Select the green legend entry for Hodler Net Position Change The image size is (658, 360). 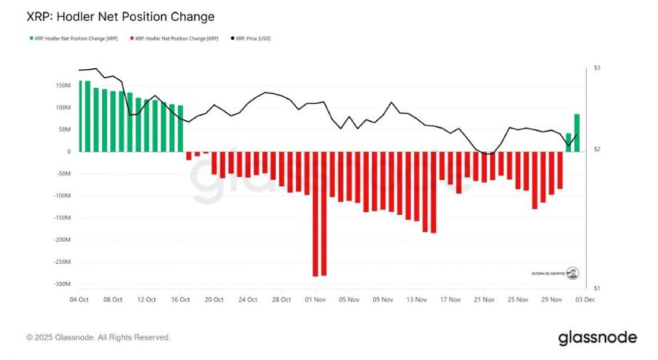click(x=74, y=37)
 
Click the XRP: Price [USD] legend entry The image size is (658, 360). click(x=250, y=37)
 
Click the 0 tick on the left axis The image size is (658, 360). click(x=68, y=151)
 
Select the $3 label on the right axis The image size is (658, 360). click(x=597, y=69)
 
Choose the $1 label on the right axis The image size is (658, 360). click(x=597, y=289)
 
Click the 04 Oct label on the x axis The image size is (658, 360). click(x=79, y=299)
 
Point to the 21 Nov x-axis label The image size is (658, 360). click(x=484, y=299)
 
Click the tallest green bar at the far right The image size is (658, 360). click(x=577, y=133)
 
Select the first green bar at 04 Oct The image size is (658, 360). click(x=80, y=116)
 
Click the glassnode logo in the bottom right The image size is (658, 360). click(x=597, y=337)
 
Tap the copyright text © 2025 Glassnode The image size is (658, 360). click(x=98, y=337)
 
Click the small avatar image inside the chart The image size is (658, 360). click(x=574, y=272)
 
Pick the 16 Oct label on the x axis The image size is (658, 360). click(x=180, y=299)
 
